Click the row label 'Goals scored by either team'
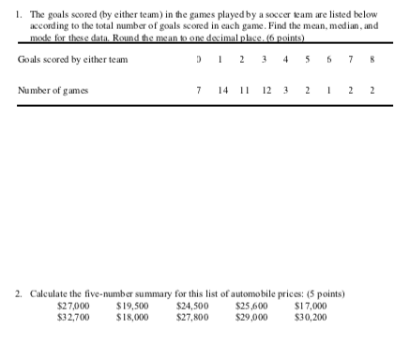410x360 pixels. (72, 60)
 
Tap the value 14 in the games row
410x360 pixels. (222, 90)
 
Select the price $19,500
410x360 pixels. (131, 307)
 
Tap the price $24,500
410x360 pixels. (192, 307)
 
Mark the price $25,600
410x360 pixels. (251, 307)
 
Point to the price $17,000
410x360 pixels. (311, 307)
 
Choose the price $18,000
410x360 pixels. (131, 317)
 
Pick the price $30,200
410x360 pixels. (311, 317)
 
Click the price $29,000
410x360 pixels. (251, 317)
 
